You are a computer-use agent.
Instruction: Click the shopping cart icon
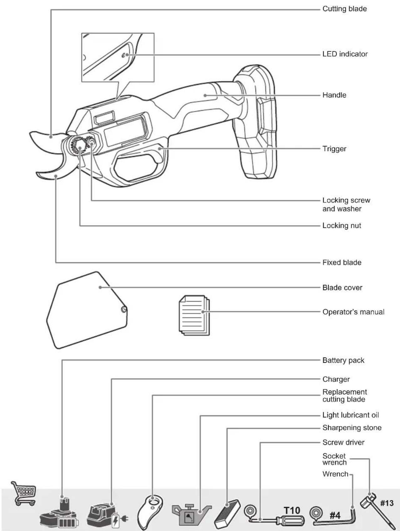point(24,493)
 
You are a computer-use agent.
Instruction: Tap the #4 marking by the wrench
point(335,515)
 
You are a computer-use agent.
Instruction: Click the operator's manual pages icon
point(194,315)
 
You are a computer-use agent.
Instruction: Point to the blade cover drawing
point(87,310)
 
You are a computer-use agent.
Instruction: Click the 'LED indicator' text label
point(345,54)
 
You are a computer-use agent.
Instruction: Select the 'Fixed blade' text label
point(342,262)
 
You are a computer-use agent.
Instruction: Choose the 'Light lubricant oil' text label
point(351,415)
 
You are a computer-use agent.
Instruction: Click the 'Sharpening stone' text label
point(352,428)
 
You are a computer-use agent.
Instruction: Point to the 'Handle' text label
point(334,95)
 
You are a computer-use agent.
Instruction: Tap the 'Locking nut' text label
point(342,226)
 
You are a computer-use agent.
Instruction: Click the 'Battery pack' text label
point(343,360)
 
